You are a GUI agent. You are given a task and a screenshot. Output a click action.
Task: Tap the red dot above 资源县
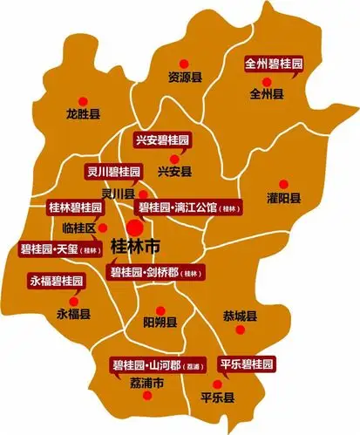click(184, 62)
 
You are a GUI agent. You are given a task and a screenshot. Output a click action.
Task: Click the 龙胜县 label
click(83, 114)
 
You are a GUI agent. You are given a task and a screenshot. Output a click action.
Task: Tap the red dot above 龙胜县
click(84, 99)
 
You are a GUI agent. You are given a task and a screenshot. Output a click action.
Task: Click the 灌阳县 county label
click(284, 198)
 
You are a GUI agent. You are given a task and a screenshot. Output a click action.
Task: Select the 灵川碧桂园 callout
click(112, 171)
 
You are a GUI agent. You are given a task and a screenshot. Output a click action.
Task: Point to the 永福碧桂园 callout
click(57, 282)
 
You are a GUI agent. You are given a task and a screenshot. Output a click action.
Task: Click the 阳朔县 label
click(160, 322)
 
